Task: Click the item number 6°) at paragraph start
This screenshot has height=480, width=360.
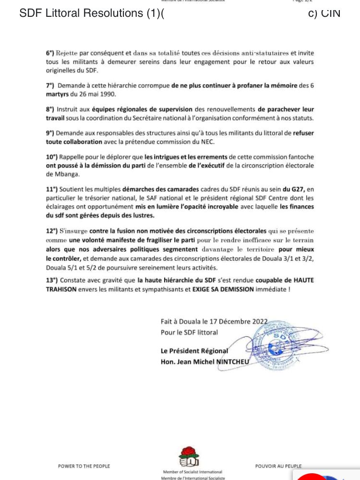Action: pyautogui.click(x=50, y=53)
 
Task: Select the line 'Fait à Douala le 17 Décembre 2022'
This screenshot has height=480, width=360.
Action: pyautogui.click(x=214, y=322)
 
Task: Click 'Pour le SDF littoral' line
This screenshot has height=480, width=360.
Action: pyautogui.click(x=189, y=332)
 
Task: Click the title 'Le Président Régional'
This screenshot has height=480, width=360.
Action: pyautogui.click(x=194, y=351)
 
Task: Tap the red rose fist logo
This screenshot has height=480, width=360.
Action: pyautogui.click(x=189, y=456)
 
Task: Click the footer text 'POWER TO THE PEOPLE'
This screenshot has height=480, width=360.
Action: pyautogui.click(x=84, y=466)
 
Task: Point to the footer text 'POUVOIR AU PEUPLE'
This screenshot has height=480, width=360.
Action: pyautogui.click(x=278, y=466)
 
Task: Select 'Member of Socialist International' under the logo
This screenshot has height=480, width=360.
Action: pyautogui.click(x=192, y=472)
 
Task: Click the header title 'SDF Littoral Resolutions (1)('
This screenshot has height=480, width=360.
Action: pyautogui.click(x=92, y=13)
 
